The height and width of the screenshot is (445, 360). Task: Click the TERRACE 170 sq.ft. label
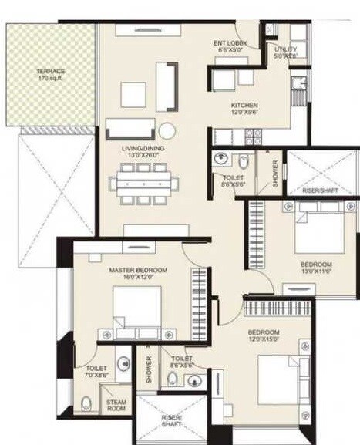click(50, 75)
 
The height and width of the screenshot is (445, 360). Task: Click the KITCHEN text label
click(244, 106)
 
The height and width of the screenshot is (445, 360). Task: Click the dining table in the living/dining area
click(143, 184)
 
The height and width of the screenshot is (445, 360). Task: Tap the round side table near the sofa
click(167, 130)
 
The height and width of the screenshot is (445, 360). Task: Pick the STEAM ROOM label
click(116, 405)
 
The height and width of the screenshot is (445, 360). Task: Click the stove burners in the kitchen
click(253, 137)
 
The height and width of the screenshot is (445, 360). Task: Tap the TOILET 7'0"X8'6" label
click(97, 373)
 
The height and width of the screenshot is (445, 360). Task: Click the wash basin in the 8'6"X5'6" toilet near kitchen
click(221, 160)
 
